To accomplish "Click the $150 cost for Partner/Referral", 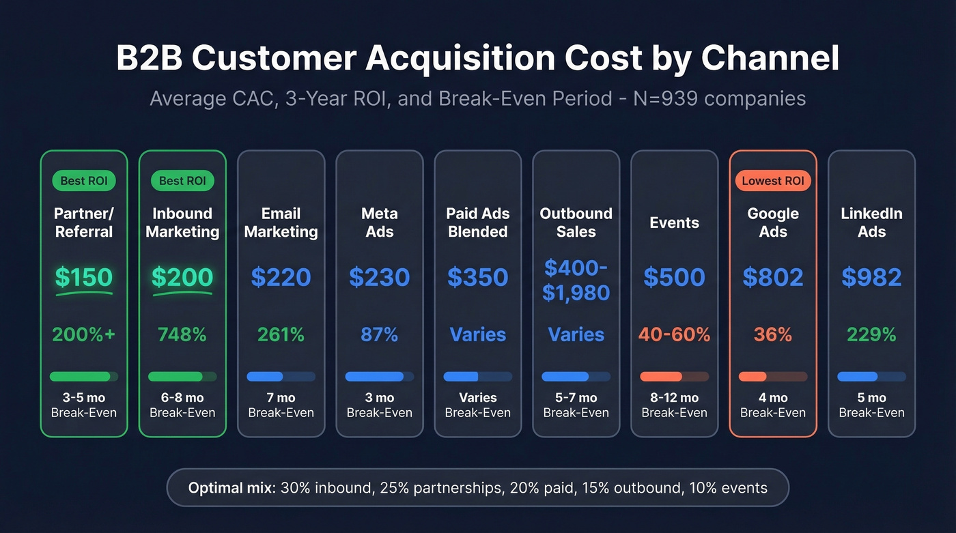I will tap(83, 277).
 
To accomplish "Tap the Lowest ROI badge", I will tap(773, 181).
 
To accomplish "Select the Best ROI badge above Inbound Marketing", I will tap(182, 181).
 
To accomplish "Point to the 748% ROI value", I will tap(182, 334).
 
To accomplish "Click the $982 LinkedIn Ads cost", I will tap(871, 277).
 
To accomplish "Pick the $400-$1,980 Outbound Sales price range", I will tap(576, 280).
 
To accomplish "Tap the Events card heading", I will tap(674, 222).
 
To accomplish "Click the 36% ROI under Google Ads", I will tap(773, 334).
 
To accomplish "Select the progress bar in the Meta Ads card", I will tap(379, 377).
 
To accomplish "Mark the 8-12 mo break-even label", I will tap(674, 398).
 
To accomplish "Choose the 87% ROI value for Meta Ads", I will tap(379, 334).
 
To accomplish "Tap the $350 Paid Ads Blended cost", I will tap(477, 277).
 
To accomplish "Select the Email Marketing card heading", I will tap(281, 222).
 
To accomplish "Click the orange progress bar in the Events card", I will tap(674, 377).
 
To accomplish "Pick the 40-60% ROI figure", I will tap(674, 334).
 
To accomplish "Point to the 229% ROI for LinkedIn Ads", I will tap(871, 334).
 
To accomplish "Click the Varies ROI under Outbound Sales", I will tap(576, 334).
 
